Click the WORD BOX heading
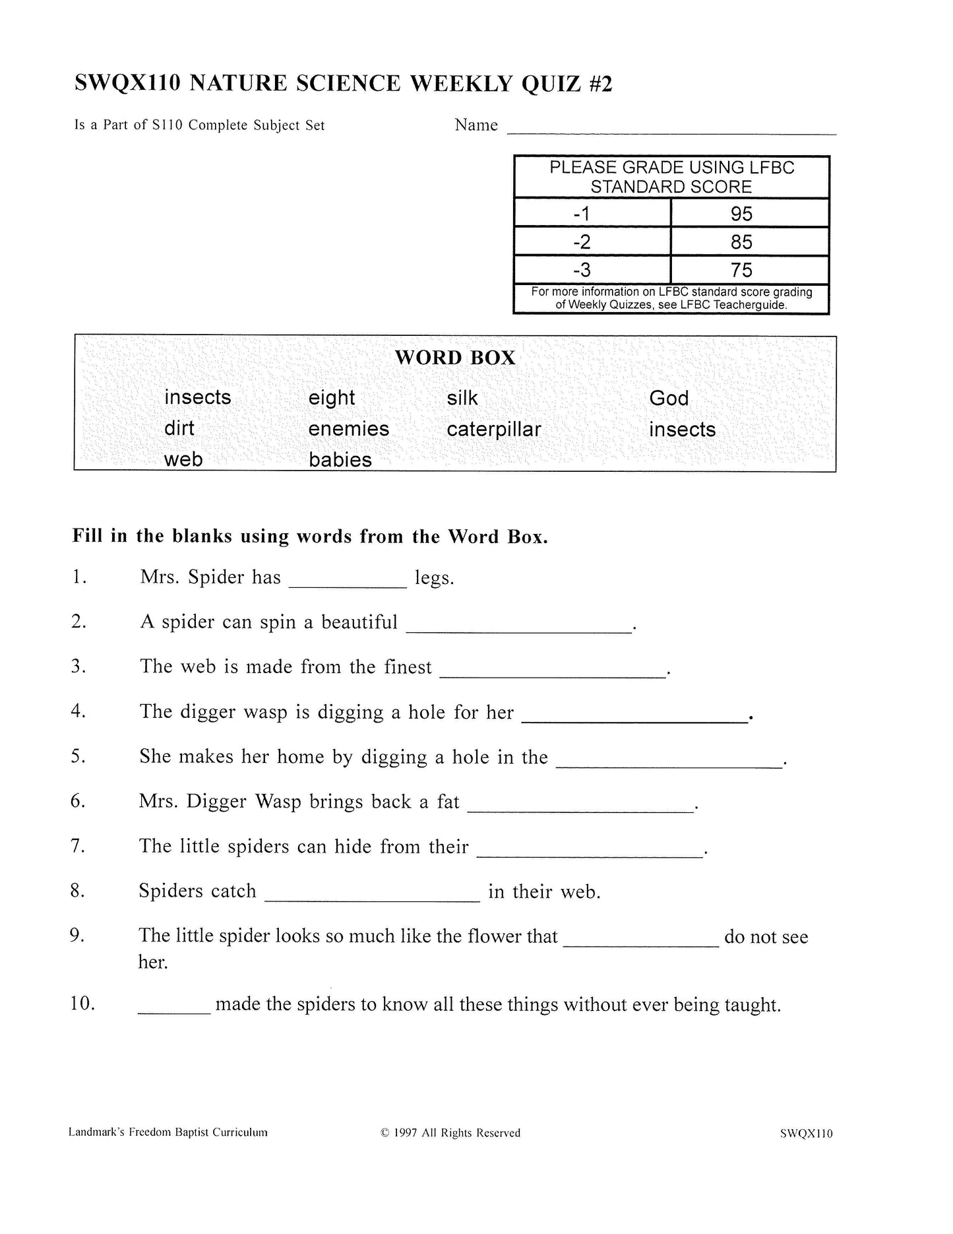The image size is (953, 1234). [455, 358]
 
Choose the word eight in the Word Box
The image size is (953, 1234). [332, 398]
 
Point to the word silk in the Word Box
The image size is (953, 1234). [462, 398]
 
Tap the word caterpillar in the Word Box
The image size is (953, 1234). [493, 430]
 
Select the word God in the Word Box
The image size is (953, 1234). [669, 398]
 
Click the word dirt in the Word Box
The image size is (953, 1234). [179, 428]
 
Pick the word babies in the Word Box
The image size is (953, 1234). [340, 460]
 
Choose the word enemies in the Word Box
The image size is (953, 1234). [349, 429]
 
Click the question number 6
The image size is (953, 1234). [78, 801]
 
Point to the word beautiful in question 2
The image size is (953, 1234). [359, 622]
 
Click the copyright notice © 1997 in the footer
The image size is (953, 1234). [450, 1133]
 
